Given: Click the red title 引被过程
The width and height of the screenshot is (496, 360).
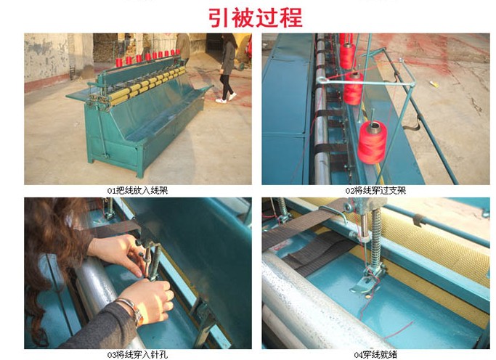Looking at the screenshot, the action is pyautogui.click(x=256, y=18).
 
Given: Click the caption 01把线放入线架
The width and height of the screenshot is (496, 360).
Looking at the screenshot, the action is pyautogui.click(x=137, y=191).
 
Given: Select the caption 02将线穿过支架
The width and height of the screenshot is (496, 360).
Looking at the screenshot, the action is pyautogui.click(x=375, y=191).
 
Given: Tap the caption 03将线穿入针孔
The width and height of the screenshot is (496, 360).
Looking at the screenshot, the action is pyautogui.click(x=137, y=355).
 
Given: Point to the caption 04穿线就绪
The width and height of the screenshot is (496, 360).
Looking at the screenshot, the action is pyautogui.click(x=375, y=355).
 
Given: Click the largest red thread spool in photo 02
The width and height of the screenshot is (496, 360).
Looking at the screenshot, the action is pyautogui.click(x=373, y=142).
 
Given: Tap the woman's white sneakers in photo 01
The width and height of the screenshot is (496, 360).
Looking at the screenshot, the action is pyautogui.click(x=226, y=98).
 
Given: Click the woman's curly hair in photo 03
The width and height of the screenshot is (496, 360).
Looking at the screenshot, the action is pyautogui.click(x=51, y=259).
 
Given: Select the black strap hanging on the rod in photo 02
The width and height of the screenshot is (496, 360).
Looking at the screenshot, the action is pyautogui.click(x=411, y=124).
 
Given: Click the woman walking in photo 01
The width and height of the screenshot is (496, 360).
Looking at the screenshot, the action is pyautogui.click(x=228, y=68).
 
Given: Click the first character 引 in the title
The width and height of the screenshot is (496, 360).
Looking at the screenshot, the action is pyautogui.click(x=219, y=18).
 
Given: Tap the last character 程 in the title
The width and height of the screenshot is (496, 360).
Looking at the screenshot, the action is pyautogui.click(x=291, y=18).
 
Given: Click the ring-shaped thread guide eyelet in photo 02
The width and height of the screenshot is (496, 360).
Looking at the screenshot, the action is pyautogui.click(x=321, y=81).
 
